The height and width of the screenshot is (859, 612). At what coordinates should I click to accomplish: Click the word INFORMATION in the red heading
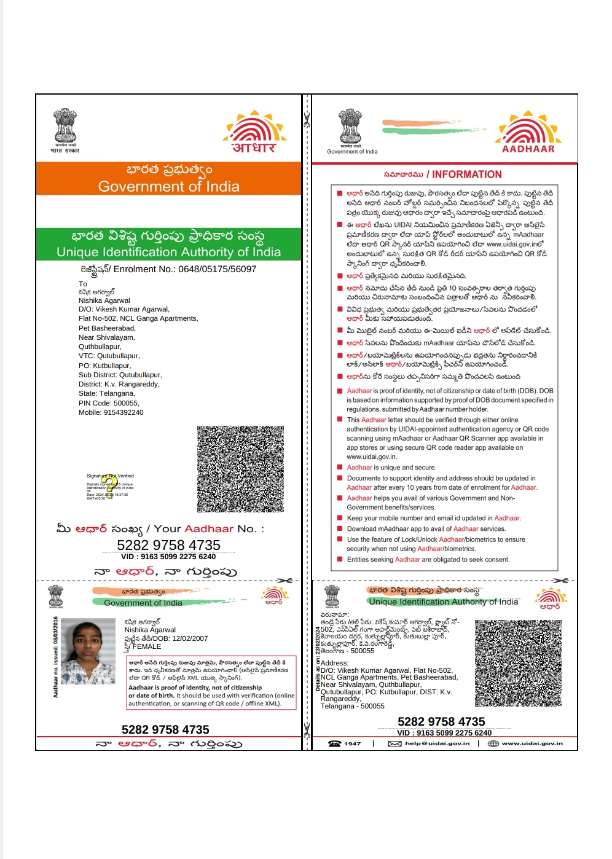466,175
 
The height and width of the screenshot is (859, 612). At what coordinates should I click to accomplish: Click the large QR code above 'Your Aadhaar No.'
240,469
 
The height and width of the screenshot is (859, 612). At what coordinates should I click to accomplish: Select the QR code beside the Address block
518,663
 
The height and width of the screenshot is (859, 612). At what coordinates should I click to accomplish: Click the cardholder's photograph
88,651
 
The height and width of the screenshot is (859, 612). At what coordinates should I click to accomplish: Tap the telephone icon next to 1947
334,743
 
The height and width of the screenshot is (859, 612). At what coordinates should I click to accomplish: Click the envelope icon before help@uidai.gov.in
394,743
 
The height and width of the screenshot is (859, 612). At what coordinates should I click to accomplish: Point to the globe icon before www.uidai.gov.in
493,743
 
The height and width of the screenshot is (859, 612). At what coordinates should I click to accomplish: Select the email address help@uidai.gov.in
437,743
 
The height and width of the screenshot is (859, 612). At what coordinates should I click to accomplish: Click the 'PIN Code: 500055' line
109,403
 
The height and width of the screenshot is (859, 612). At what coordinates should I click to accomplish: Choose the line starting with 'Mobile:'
111,412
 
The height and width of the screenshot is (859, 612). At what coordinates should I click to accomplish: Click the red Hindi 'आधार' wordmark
254,147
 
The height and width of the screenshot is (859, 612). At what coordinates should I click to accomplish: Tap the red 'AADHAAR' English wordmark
528,149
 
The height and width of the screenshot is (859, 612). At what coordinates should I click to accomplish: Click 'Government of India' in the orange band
168,186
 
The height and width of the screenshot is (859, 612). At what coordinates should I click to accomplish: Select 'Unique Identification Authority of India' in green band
168,252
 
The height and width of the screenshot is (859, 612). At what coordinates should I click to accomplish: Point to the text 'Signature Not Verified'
110,476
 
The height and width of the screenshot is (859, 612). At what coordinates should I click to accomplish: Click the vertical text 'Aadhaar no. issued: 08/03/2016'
55,657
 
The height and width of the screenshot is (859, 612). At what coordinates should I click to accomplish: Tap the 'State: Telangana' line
106,393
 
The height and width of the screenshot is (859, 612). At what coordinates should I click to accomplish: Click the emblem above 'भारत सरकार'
65,125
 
